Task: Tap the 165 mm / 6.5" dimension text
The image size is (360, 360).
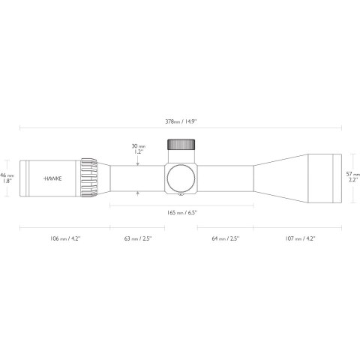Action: point(182,213)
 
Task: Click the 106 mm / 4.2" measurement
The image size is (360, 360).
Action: point(64,238)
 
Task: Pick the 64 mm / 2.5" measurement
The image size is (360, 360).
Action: point(224,238)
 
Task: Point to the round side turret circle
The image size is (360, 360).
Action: point(182,178)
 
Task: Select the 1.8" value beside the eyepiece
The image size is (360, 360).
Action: point(7,181)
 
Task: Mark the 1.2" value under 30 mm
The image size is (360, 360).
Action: point(137,151)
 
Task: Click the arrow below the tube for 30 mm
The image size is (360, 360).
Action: point(138,193)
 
